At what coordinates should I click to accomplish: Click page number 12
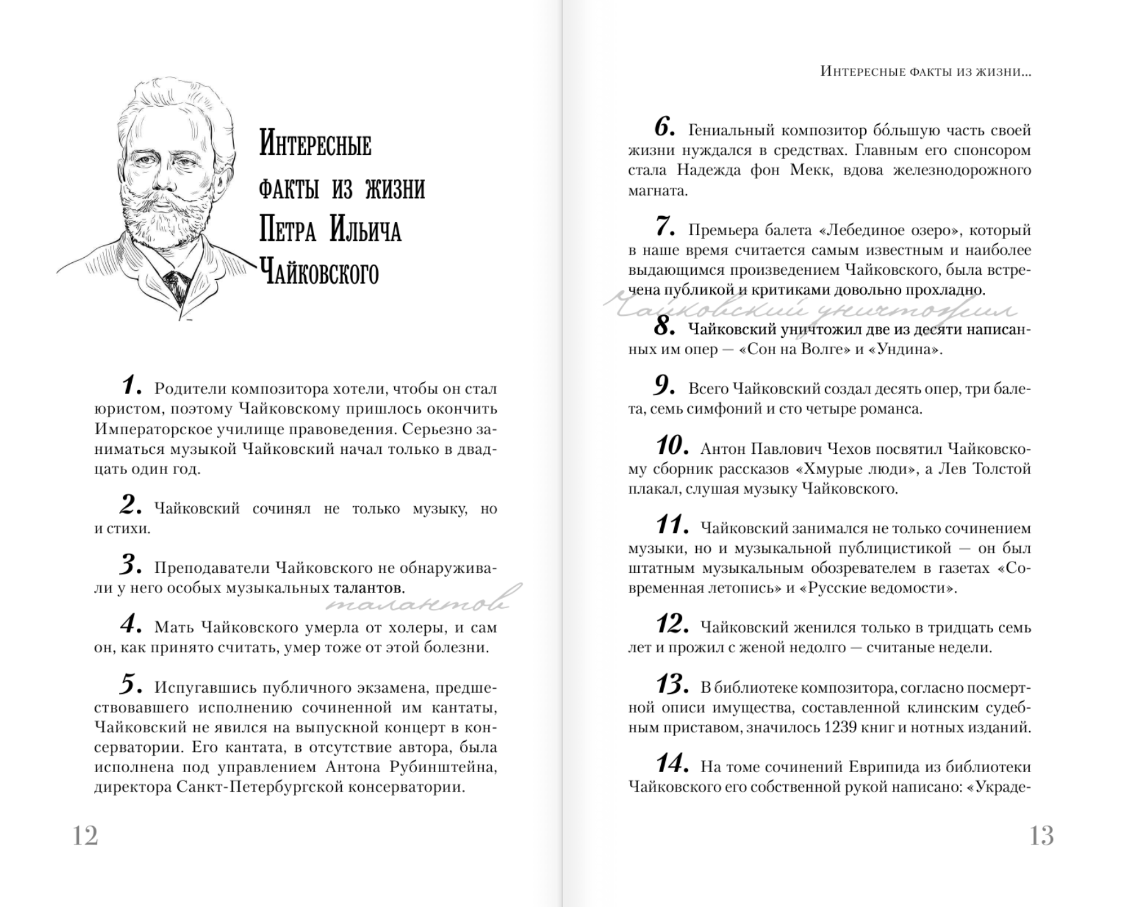pos(86,836)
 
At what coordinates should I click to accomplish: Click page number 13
pos(1041,836)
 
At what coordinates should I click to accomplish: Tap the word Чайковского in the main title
pos(319,272)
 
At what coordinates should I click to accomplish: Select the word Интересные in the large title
pos(315,145)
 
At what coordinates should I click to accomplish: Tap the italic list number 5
pos(131,684)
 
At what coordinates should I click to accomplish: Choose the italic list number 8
pos(665,326)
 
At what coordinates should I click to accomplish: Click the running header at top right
pos(925,72)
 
